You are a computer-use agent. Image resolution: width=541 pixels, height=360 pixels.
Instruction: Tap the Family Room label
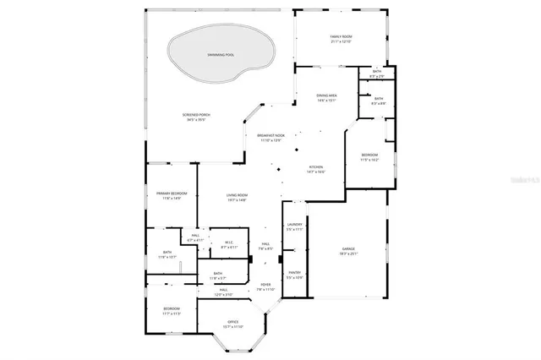point(341,36)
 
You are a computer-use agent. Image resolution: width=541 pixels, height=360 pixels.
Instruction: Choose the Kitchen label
point(316,167)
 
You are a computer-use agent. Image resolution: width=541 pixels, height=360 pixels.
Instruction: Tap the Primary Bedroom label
point(171,194)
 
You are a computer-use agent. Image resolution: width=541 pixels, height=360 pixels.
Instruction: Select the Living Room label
point(237,195)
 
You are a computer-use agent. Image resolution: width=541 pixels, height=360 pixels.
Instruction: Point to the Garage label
point(348,248)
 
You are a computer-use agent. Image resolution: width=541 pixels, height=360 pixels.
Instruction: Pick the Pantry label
point(294,272)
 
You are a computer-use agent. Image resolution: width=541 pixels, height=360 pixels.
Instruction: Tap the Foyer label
point(265,284)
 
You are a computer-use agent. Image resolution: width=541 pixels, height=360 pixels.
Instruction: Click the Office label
point(232,321)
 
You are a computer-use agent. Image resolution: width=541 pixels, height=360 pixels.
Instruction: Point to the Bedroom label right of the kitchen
point(370,155)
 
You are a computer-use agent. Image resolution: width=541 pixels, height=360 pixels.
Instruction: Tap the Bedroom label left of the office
point(171,309)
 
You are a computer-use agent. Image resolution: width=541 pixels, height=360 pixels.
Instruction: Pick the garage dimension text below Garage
point(348,254)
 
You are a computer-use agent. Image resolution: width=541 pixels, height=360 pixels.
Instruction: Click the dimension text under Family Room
point(341,41)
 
